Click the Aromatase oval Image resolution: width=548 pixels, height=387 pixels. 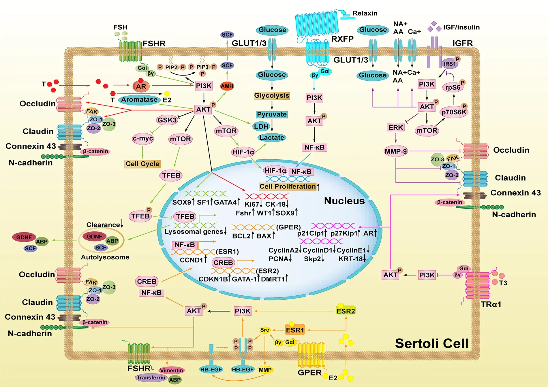139,100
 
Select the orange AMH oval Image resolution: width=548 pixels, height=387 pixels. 227,86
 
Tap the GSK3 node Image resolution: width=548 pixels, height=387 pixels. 167,120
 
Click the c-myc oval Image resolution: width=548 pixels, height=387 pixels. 143,139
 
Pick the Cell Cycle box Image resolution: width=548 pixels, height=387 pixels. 142,164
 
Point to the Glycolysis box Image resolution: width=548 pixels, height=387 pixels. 272,96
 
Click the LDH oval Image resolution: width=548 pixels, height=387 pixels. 261,126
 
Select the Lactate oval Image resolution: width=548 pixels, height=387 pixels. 272,138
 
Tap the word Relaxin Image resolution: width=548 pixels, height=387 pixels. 365,13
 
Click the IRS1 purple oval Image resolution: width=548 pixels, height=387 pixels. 450,64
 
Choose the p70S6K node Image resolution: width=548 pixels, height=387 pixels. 454,112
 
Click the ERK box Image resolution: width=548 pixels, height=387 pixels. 395,128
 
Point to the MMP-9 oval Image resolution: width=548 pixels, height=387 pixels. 395,151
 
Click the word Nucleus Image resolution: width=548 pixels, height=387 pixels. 344,201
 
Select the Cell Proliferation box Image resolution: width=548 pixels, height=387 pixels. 288,186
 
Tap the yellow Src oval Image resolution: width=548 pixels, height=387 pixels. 264,330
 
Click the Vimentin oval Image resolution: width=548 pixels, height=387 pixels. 172,370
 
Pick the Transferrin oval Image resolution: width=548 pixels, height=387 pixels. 151,377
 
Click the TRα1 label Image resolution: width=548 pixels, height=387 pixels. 491,304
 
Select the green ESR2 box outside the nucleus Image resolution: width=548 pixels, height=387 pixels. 346,311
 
